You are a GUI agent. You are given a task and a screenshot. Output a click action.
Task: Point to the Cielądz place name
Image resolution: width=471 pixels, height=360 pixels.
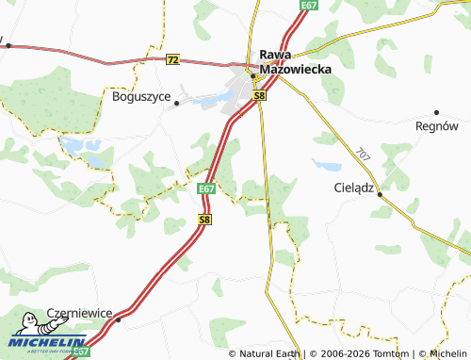(x=354, y=188)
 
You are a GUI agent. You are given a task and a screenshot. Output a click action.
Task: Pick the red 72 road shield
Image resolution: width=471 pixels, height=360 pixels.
(x=171, y=58)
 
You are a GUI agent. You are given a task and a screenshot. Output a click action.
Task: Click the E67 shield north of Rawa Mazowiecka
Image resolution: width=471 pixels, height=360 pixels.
(x=309, y=5)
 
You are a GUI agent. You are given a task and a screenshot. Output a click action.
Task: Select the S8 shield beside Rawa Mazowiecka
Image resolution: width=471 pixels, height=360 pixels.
(x=260, y=95)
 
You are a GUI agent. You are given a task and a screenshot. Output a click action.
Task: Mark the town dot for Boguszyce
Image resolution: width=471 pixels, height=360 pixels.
(x=176, y=105)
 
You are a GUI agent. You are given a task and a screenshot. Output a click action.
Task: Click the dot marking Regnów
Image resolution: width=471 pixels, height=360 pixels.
(x=436, y=111)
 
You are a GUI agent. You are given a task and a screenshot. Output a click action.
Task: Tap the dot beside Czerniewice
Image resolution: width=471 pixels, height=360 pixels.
(x=120, y=319)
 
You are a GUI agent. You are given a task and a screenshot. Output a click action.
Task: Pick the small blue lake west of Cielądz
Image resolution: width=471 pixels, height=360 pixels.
(x=327, y=165)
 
